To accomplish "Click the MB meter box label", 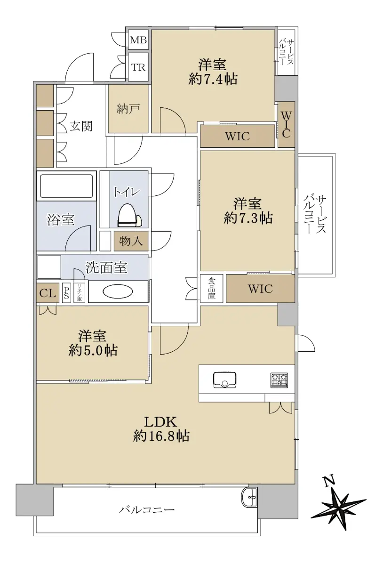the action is coord(138,40).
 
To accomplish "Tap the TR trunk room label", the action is coord(138,67).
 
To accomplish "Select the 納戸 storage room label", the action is coord(128,109).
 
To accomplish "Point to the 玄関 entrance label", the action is coord(81,126).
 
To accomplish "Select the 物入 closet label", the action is coord(131,241).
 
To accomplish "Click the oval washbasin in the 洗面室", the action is coord(118,292).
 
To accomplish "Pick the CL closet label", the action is coord(48,293).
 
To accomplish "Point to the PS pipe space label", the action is coord(66,292).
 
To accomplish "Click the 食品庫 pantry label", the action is coord(212,288).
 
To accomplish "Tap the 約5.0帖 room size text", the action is coord(93,350).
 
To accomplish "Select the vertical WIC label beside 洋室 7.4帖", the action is coord(286,124).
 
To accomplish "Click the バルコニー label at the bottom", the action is coord(147,510).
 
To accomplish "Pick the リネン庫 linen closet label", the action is coord(79,292).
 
